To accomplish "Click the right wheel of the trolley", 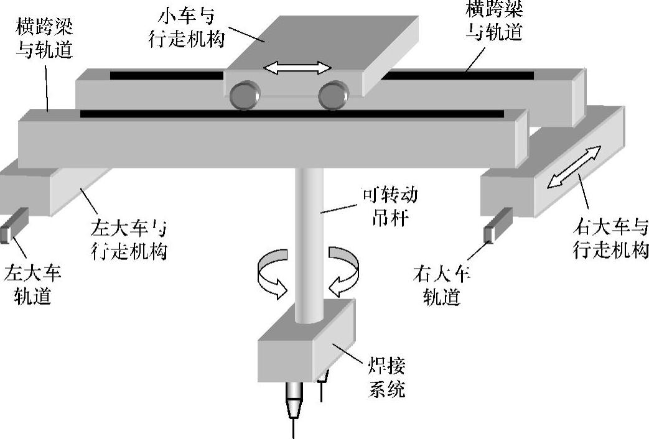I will (x=332, y=96).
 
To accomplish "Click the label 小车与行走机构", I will (x=187, y=25).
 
